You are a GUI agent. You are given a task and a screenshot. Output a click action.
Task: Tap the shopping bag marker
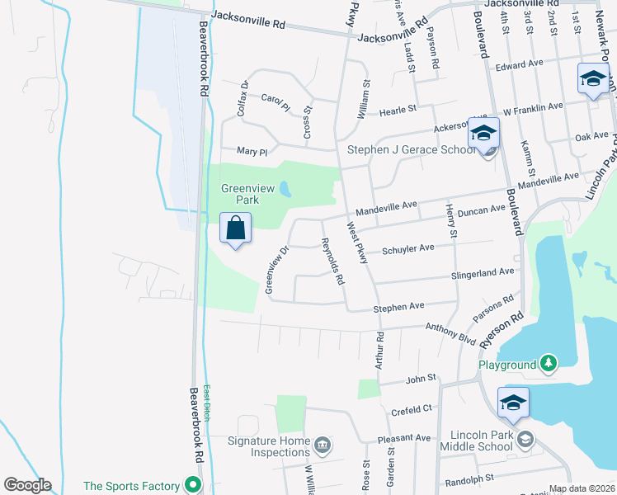point(236,229)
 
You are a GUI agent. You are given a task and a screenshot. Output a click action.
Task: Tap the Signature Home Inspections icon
point(322,446)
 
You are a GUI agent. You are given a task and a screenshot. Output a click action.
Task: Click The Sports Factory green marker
point(194,484)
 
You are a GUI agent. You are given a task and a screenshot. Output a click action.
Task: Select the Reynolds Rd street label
point(332,262)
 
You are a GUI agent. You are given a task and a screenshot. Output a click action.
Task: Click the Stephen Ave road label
point(398,307)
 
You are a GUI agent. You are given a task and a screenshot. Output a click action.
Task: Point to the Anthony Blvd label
point(450,331)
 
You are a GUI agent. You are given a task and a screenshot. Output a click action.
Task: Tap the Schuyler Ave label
point(407,248)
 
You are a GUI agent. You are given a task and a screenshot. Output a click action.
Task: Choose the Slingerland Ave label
point(483,272)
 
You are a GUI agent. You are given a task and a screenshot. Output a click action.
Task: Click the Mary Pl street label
point(252,152)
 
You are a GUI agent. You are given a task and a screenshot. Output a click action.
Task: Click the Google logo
point(26,485)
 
